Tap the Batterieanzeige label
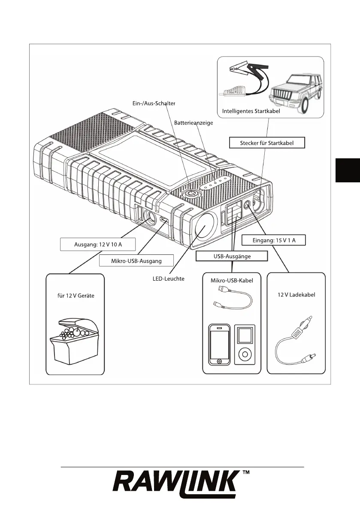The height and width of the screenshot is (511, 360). pos(194,122)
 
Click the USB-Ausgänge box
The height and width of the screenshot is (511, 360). pos(232,256)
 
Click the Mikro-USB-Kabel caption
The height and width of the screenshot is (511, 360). pos(232,281)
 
